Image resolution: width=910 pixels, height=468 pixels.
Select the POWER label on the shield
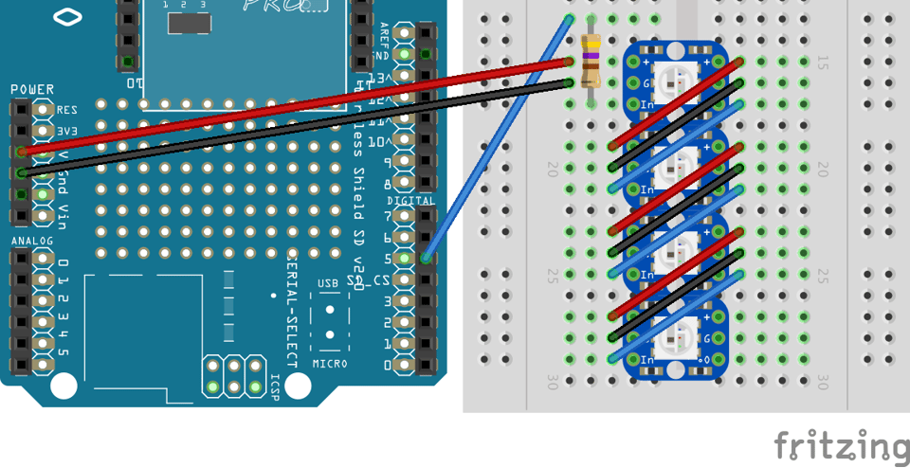pos(31,89)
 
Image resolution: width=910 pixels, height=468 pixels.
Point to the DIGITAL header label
pos(410,201)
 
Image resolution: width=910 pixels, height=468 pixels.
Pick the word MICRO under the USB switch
pos(329,364)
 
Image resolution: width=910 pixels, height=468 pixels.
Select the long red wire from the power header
pos(284,106)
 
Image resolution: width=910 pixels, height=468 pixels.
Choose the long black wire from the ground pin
pos(284,128)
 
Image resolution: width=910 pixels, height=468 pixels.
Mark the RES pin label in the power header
pos(66,110)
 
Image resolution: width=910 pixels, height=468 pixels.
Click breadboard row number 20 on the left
pos(553,169)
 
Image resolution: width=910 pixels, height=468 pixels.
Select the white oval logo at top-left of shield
pos(67,16)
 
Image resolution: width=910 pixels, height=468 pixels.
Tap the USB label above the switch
pos(328,283)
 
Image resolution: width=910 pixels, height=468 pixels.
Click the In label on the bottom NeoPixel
pos(647,360)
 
